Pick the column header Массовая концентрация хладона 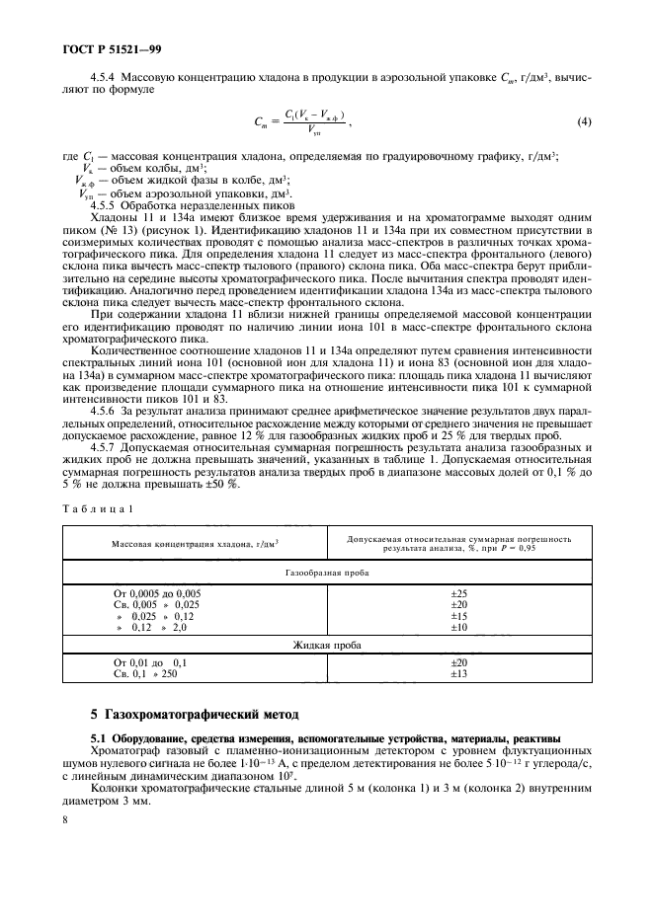(195, 542)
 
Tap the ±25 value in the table (457, 592)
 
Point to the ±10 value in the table (457, 626)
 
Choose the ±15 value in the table (457, 615)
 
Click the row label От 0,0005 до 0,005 (157, 592)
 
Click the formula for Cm (301, 122)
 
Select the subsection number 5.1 (99, 738)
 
